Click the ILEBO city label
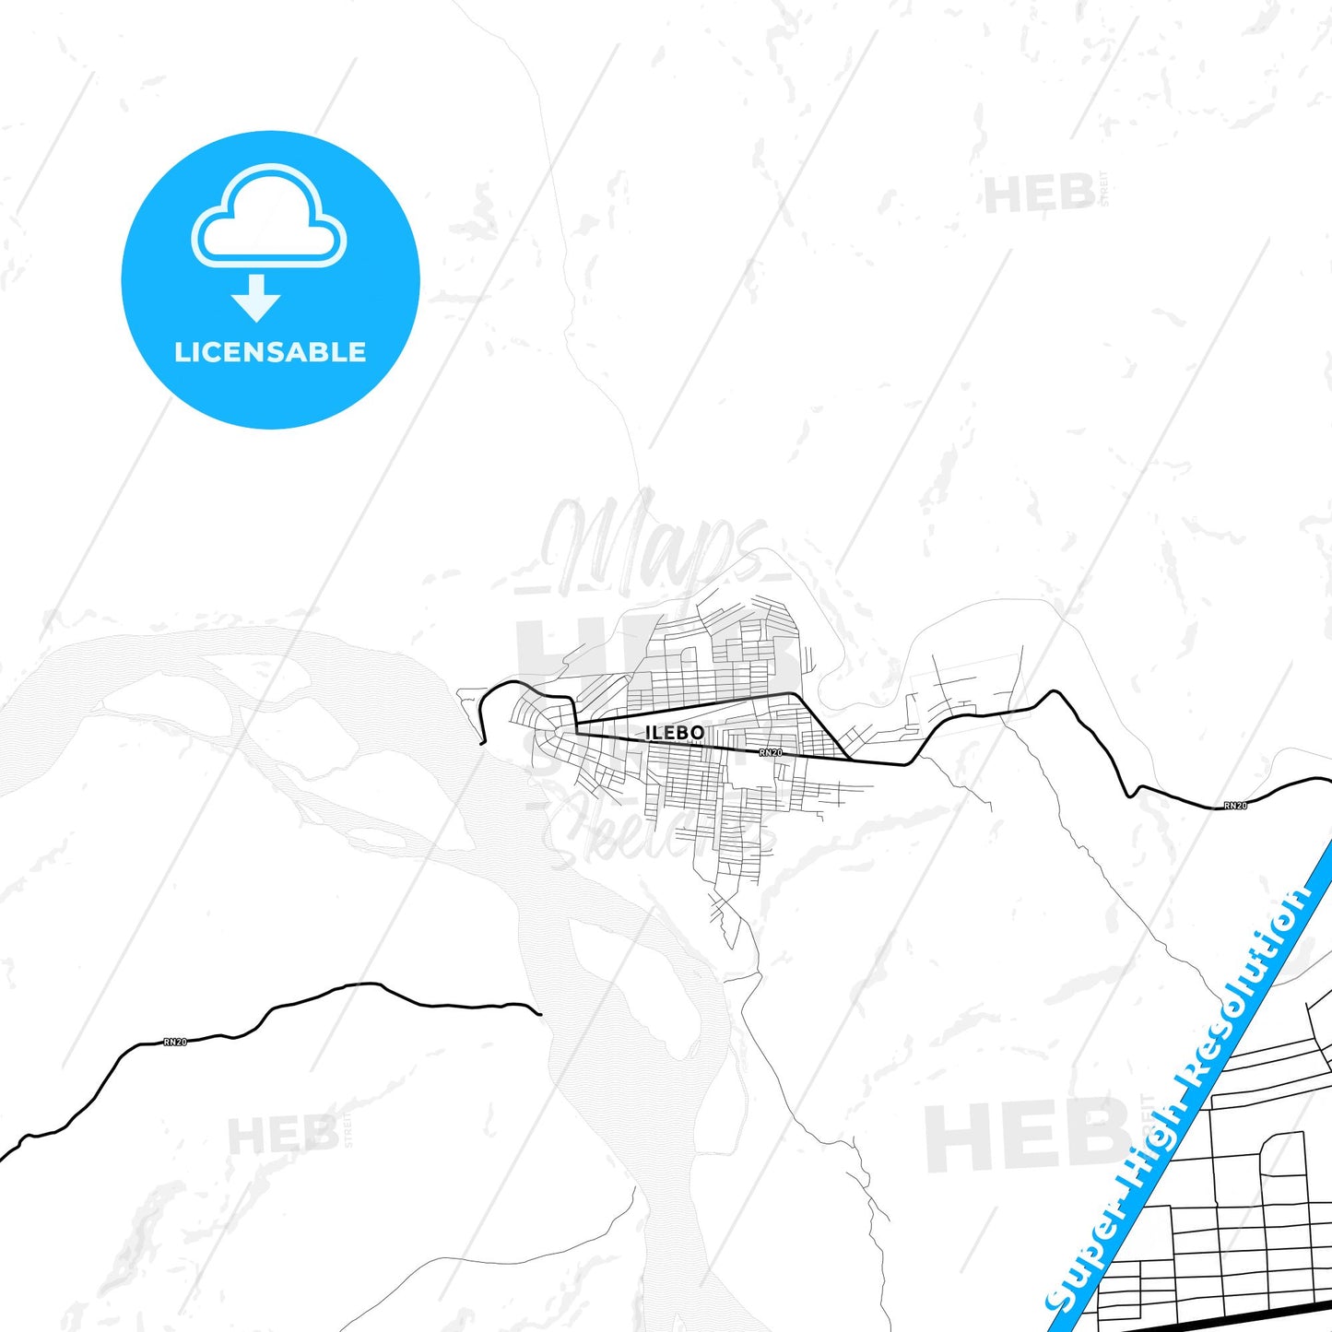point(675,733)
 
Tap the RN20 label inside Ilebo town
point(771,753)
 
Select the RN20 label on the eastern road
point(1235,806)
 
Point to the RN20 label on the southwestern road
point(175,1042)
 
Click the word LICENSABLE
point(270,352)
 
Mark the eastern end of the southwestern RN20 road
point(539,1014)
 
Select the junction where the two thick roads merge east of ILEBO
point(848,759)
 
